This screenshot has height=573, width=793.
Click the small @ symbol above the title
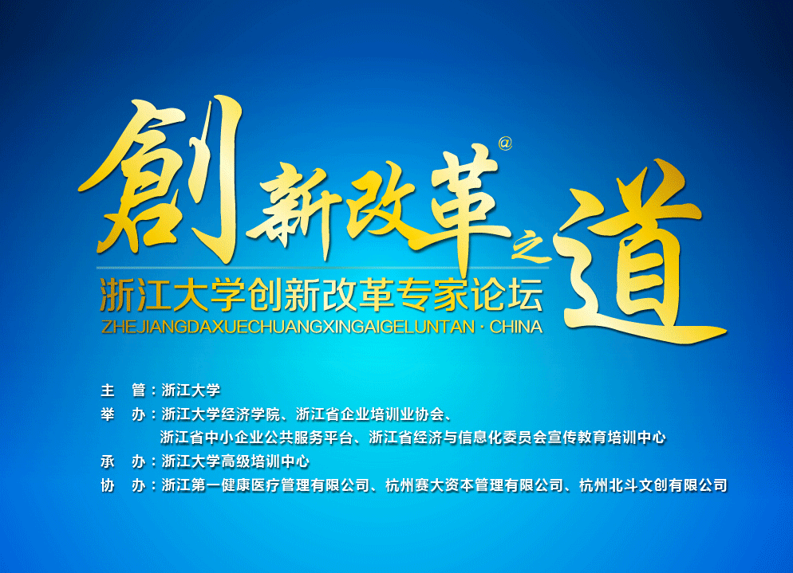(505, 143)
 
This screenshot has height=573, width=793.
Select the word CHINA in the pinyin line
(516, 327)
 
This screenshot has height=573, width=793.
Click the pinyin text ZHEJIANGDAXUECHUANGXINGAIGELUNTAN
(288, 327)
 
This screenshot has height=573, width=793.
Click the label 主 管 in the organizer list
(123, 390)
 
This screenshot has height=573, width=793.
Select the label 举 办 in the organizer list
(123, 414)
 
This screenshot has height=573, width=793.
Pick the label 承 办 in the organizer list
(123, 461)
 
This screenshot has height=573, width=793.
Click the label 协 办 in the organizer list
(123, 485)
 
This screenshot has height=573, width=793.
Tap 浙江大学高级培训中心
(235, 461)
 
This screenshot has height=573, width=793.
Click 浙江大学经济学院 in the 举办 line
(220, 414)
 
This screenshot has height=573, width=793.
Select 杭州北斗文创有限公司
(653, 485)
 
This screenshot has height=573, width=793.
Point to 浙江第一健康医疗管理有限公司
(265, 485)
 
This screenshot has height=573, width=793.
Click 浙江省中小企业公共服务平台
(256, 438)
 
